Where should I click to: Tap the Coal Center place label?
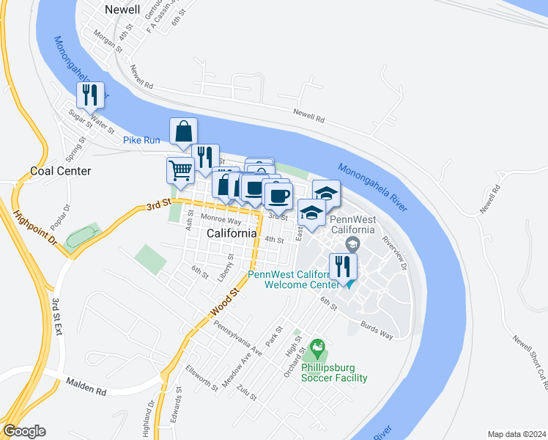point(61,171)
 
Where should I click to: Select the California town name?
point(232,233)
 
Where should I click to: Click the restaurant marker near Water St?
point(90,95)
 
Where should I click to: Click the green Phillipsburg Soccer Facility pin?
point(317,345)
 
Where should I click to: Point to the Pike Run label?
point(141,139)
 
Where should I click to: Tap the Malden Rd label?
point(86,384)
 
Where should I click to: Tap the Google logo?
point(25,431)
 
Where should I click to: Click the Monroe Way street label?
point(221,220)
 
